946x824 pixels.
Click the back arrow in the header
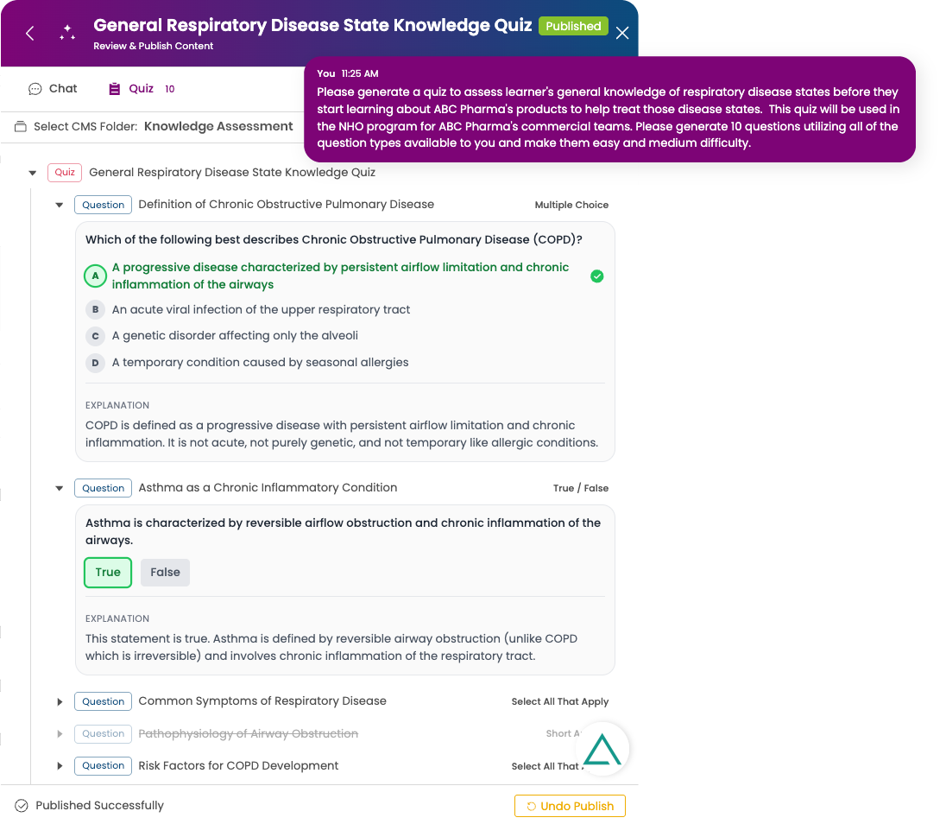tap(30, 33)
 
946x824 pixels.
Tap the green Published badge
tap(573, 26)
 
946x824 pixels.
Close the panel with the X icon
tap(622, 33)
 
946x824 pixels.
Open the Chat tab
tap(54, 88)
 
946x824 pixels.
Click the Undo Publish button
tap(570, 806)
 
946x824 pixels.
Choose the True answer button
tap(108, 573)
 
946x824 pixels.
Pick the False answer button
tap(165, 573)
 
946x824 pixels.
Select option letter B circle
tap(95, 309)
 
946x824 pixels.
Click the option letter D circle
tap(95, 363)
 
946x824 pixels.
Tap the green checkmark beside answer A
tap(596, 276)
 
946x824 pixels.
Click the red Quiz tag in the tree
tap(65, 172)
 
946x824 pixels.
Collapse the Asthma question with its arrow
tap(60, 488)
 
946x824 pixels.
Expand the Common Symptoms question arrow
tap(60, 701)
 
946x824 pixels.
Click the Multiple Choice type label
tap(571, 205)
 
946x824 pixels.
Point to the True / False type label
tap(580, 488)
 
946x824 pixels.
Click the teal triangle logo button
tap(602, 750)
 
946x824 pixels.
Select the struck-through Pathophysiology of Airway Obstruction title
tap(248, 733)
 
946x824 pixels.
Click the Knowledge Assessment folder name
tap(218, 126)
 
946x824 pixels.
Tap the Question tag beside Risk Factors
tap(104, 765)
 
